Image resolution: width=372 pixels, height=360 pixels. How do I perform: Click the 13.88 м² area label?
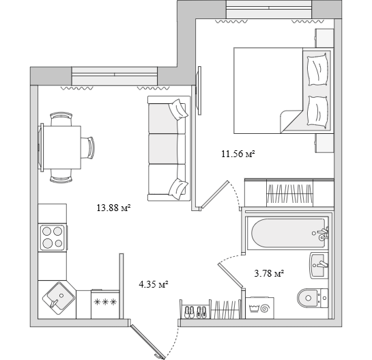[x=113, y=208]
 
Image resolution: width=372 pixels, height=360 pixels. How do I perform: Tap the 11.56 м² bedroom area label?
[x=238, y=154]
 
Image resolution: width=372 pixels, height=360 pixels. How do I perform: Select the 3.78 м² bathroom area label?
[x=269, y=273]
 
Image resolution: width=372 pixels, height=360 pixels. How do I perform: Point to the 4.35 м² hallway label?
[x=154, y=284]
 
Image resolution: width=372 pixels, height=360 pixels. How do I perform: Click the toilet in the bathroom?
[x=313, y=298]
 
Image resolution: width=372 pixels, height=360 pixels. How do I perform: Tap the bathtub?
[x=287, y=233]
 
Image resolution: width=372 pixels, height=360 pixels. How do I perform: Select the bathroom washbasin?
[x=319, y=265]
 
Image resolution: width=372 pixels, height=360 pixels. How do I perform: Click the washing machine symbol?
[x=259, y=308]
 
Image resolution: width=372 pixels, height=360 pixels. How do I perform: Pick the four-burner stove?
[x=53, y=238]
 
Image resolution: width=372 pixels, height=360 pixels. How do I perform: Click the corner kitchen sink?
[x=59, y=299]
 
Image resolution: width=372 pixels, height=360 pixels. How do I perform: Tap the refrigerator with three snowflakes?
[x=105, y=304]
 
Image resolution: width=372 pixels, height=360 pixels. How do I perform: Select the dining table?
[x=61, y=148]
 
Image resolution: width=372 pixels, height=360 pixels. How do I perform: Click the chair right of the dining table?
[x=88, y=148]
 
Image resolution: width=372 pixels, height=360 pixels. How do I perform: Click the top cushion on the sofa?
[x=178, y=109]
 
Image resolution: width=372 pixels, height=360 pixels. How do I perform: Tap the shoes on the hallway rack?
[x=195, y=311]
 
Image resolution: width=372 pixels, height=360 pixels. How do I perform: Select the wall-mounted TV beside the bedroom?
[x=199, y=90]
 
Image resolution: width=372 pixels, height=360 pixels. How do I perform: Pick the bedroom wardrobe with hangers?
[x=289, y=193]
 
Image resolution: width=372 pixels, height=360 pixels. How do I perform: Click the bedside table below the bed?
[x=324, y=143]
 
